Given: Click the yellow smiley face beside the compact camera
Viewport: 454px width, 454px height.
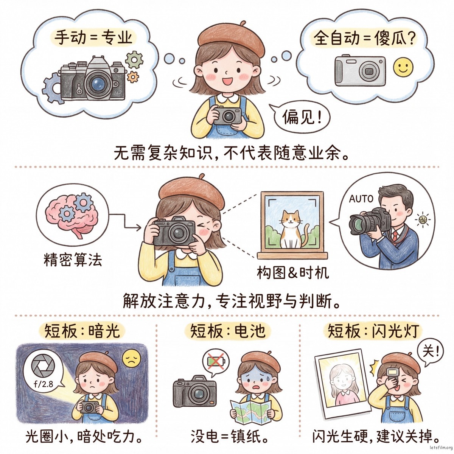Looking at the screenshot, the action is click(x=403, y=67).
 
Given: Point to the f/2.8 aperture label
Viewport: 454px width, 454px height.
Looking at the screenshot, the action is click(x=44, y=384).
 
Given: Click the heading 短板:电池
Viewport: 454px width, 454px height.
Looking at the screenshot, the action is click(x=228, y=331).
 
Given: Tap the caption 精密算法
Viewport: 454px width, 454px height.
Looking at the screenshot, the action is click(x=73, y=260).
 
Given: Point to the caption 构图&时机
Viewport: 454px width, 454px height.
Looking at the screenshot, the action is click(x=292, y=273).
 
